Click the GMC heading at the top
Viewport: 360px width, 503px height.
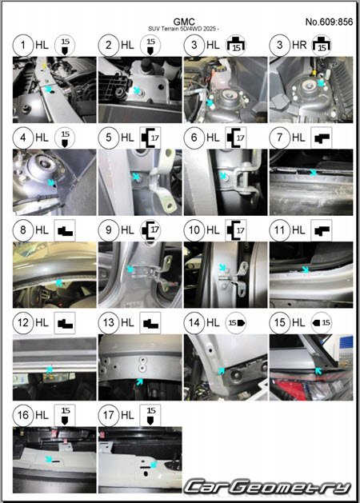point(184,22)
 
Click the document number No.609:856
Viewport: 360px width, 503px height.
point(329,22)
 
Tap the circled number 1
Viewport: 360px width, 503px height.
point(23,45)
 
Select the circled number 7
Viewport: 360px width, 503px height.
point(280,138)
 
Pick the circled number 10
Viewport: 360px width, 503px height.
point(194,230)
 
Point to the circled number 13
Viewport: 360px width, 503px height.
point(109,322)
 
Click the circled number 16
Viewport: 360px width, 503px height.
point(23,415)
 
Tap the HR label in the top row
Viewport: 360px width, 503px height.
point(299,45)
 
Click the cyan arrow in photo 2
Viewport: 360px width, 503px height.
point(137,90)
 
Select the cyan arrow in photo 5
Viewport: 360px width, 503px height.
point(136,177)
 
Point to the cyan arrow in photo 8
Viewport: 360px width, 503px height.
point(59,282)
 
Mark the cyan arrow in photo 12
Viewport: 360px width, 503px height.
point(49,369)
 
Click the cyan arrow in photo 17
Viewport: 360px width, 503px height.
point(154,464)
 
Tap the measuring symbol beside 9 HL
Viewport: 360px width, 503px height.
point(150,230)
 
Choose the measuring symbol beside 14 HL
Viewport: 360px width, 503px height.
point(236,322)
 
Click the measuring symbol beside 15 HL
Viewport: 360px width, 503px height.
point(322,322)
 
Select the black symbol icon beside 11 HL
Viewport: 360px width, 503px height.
point(322,230)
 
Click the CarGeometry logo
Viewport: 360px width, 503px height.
point(268,487)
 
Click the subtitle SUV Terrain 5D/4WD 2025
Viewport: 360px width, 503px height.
point(184,29)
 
